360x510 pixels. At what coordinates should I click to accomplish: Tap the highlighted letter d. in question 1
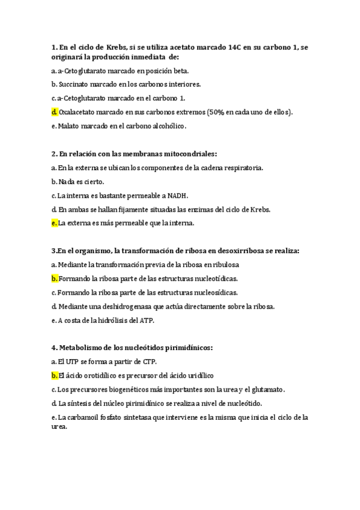click(x=55, y=112)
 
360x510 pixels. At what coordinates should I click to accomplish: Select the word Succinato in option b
click(x=75, y=84)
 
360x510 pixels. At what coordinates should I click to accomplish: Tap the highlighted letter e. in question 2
click(x=54, y=223)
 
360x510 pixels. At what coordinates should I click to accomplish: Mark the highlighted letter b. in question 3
click(x=55, y=278)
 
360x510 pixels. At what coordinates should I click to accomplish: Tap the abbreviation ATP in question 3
click(x=147, y=321)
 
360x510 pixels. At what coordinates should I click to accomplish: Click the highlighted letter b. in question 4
click(x=55, y=375)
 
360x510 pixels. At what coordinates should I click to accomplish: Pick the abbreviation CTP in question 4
click(x=147, y=361)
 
